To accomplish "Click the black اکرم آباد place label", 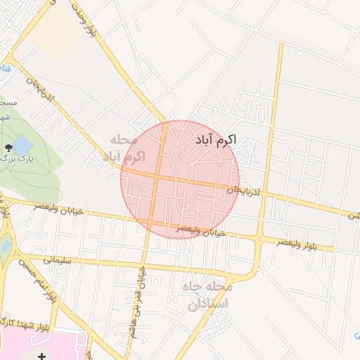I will [214, 140].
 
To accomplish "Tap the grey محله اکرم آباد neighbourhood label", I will [123, 148].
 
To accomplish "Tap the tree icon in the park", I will [8, 148].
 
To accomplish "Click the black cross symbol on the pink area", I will [41, 356].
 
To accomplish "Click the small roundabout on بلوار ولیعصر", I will [259, 240].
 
